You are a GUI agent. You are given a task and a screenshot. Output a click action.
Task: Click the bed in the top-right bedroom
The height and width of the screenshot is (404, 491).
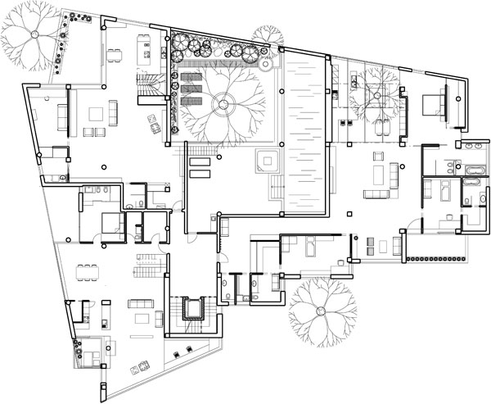[432, 105]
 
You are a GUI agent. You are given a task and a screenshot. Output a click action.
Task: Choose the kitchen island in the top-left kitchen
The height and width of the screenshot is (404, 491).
[148, 58]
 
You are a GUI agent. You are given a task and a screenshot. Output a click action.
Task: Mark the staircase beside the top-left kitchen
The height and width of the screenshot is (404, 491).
[149, 84]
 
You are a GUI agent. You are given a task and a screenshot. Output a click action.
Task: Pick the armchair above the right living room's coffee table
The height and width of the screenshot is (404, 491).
[378, 156]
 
